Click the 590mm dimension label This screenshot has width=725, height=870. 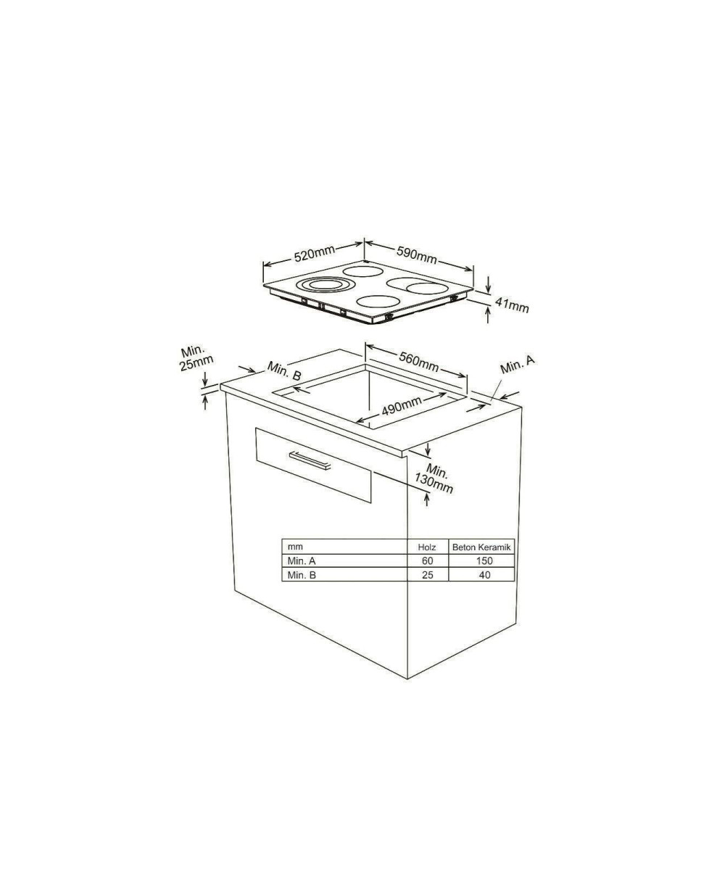tap(416, 254)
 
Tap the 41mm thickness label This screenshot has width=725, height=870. tap(512, 305)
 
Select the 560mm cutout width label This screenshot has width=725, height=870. tap(419, 361)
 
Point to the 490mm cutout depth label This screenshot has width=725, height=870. tap(402, 405)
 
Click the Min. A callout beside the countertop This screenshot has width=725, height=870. tap(517, 365)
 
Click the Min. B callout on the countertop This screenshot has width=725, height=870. tap(284, 370)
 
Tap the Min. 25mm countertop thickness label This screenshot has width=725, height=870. tap(196, 357)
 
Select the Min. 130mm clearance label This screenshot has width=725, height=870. tap(434, 478)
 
